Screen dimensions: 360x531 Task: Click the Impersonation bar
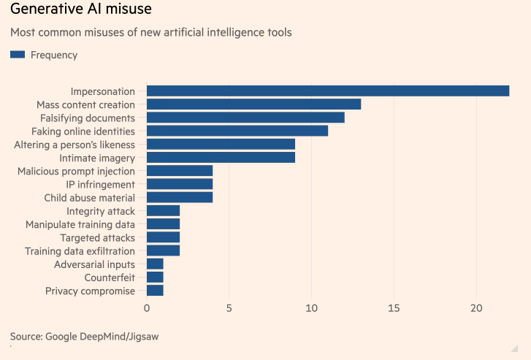(328, 91)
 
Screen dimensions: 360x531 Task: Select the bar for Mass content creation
(253, 104)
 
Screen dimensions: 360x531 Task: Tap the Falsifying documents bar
(245, 118)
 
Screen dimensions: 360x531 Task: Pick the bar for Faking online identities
(237, 131)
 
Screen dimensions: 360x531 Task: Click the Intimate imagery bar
(221, 157)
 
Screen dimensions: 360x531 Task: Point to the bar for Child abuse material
(180, 197)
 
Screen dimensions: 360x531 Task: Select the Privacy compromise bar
(155, 291)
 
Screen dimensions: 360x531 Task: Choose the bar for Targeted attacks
(163, 237)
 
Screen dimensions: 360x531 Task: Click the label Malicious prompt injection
(76, 171)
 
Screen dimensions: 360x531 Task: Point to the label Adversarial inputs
(94, 264)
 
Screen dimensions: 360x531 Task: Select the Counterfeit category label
(110, 277)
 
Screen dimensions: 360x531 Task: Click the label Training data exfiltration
(80, 250)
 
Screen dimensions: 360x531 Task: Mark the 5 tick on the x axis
(229, 308)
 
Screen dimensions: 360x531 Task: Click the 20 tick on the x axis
(476, 308)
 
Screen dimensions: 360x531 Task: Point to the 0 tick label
(147, 308)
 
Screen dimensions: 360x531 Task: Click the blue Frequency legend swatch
(18, 55)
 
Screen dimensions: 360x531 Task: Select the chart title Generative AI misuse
(82, 11)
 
